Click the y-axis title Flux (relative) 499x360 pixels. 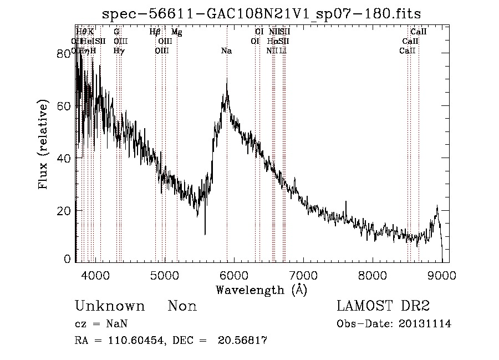pyautogui.click(x=44, y=145)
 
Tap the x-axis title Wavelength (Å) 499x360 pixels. pyautogui.click(x=261, y=289)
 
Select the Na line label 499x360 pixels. pyautogui.click(x=226, y=51)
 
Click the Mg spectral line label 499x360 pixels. pyautogui.click(x=177, y=33)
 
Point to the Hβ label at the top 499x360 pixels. pyautogui.click(x=155, y=33)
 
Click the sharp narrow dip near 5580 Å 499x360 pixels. pyautogui.click(x=205, y=233)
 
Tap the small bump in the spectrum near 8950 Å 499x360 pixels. pyautogui.click(x=437, y=208)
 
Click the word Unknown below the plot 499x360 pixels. pyautogui.click(x=110, y=306)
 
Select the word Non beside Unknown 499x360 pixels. pyautogui.click(x=182, y=306)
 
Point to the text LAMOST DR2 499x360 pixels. pyautogui.click(x=383, y=306)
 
